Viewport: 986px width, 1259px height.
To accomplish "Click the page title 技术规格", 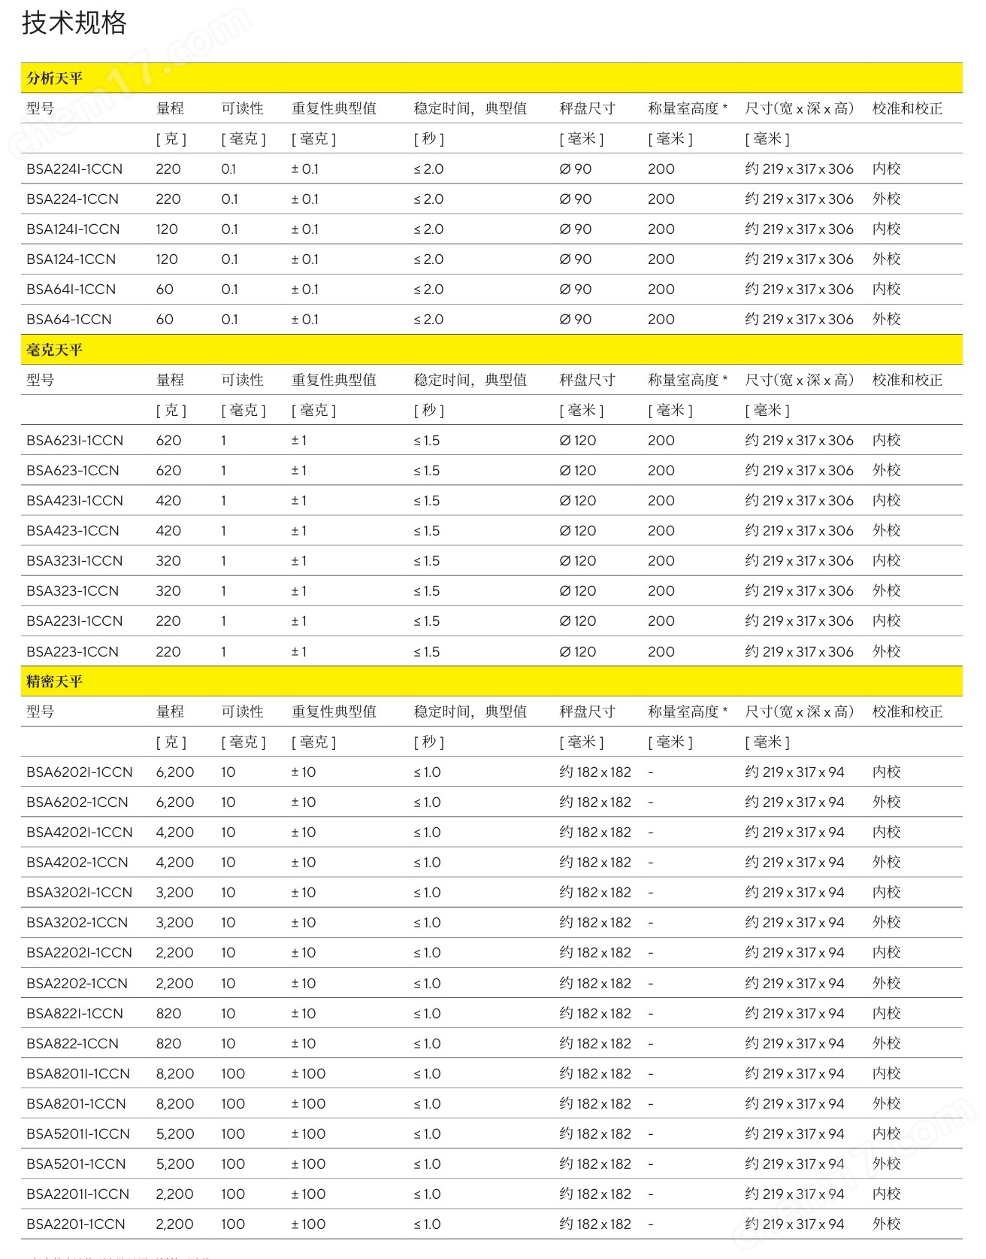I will click(x=74, y=23).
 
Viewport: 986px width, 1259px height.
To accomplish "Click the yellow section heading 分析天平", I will click(x=54, y=78).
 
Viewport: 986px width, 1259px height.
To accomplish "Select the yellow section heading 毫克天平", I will click(x=54, y=350).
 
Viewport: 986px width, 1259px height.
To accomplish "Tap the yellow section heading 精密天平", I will click(x=54, y=681).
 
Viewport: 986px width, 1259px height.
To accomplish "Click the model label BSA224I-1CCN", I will click(x=74, y=169).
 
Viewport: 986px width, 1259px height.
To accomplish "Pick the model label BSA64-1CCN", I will click(x=69, y=320).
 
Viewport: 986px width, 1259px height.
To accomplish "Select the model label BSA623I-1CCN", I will click(x=74, y=441).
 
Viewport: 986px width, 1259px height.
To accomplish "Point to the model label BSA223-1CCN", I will click(x=72, y=652).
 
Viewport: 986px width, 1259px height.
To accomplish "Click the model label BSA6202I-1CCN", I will click(x=79, y=772).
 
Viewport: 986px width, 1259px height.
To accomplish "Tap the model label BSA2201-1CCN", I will click(x=76, y=1224).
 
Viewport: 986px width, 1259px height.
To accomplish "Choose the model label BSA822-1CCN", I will click(x=72, y=1044).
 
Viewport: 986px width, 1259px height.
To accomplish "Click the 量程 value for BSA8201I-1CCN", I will click(x=174, y=1074).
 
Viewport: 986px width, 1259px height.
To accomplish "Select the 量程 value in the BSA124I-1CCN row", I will click(x=167, y=229).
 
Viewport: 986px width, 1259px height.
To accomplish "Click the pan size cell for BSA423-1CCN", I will click(x=577, y=531).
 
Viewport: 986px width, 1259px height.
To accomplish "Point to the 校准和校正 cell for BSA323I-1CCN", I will click(x=886, y=561).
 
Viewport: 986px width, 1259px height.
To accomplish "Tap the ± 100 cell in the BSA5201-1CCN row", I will click(x=308, y=1164).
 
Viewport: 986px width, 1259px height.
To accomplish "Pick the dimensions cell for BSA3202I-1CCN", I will click(x=794, y=893).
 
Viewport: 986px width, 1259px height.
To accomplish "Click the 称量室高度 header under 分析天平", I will click(x=687, y=108).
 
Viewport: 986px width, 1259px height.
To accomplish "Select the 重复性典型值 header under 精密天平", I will click(x=334, y=711).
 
